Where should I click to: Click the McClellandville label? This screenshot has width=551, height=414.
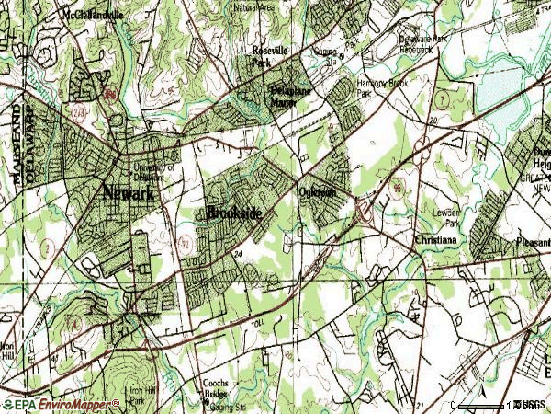(94, 16)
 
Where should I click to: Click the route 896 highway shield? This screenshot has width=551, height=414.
(109, 94)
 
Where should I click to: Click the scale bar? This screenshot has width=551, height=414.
(482, 405)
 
